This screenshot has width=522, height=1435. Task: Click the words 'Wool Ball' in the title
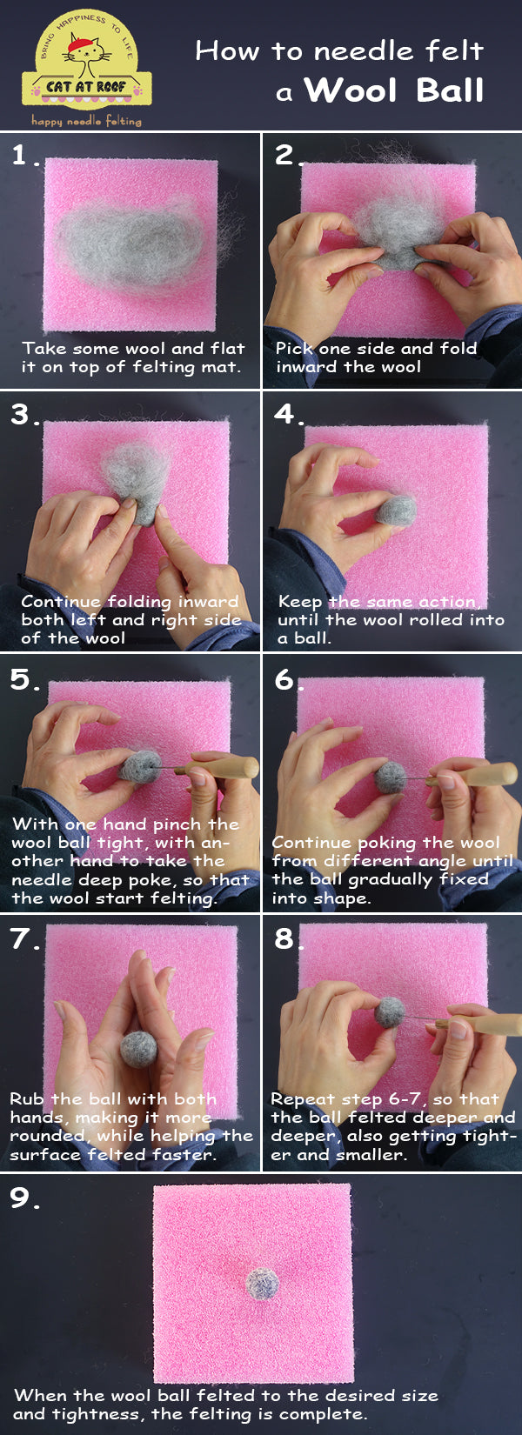[x=393, y=90]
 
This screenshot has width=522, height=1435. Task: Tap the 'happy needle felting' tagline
[x=86, y=121]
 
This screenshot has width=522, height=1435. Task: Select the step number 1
[x=21, y=156]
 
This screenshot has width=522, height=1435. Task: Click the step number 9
[x=21, y=1198]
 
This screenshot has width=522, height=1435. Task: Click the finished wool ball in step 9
[x=262, y=1283]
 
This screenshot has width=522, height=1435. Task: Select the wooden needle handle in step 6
[x=484, y=773]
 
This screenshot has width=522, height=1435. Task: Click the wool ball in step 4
[x=396, y=511]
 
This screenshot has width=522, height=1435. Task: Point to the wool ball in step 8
[x=391, y=1012]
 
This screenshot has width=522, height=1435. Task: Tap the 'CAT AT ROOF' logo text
[x=86, y=87]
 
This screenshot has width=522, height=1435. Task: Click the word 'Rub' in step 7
[x=27, y=1099]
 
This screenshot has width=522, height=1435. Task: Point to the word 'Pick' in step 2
[x=293, y=348]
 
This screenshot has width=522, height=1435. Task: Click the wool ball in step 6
[x=391, y=776]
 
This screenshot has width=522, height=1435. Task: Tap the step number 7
[x=23, y=938]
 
